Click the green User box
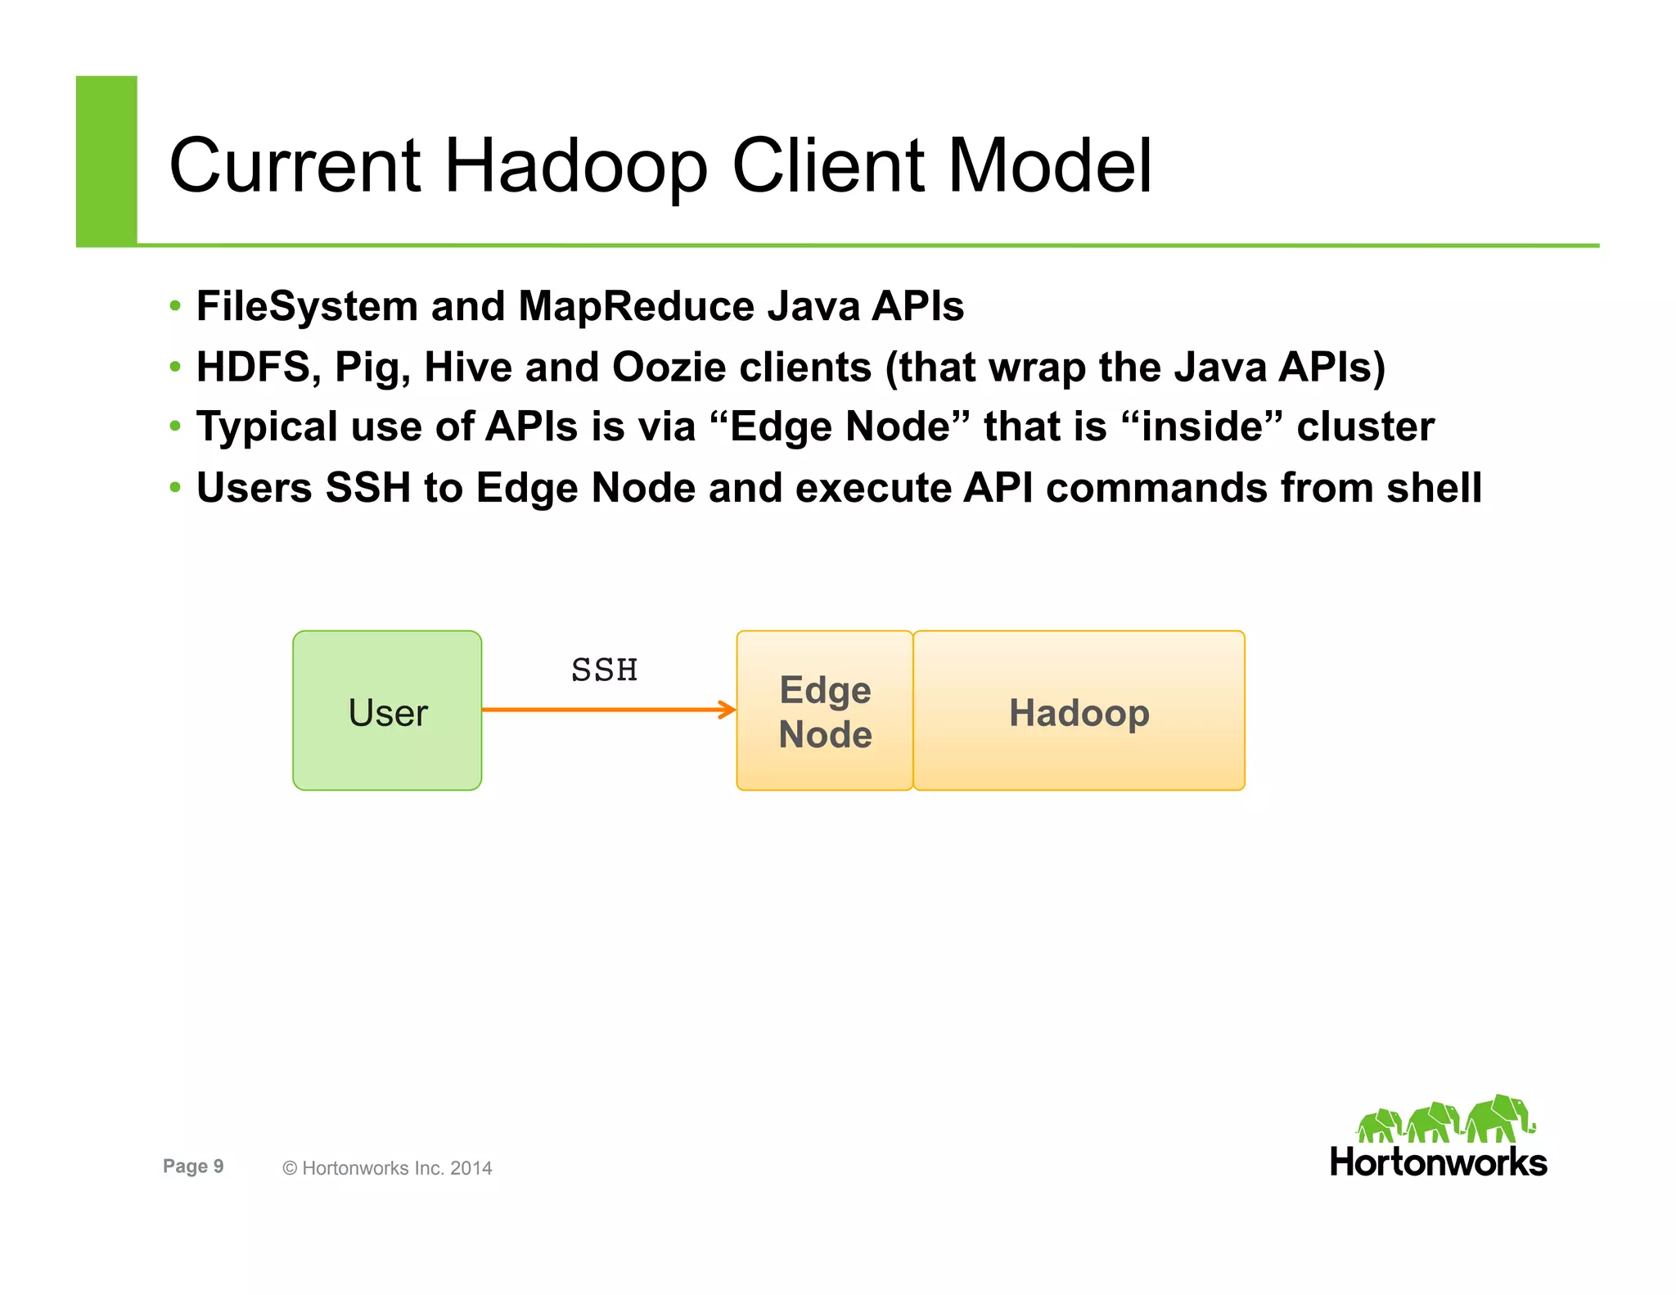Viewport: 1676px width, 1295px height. point(387,711)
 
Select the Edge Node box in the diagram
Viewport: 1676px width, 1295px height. point(824,711)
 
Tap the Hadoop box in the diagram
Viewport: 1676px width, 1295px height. point(1079,711)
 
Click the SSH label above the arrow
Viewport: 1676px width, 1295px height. point(604,670)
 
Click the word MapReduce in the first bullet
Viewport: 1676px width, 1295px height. point(637,306)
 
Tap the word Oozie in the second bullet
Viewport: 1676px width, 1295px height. point(669,367)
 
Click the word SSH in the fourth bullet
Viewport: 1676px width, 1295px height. point(368,488)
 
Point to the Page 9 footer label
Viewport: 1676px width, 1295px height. point(193,1166)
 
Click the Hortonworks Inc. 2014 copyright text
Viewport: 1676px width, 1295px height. point(388,1168)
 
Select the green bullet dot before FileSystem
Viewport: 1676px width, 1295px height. point(174,307)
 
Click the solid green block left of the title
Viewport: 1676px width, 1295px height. point(106,160)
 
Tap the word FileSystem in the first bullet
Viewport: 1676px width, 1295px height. point(307,306)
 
